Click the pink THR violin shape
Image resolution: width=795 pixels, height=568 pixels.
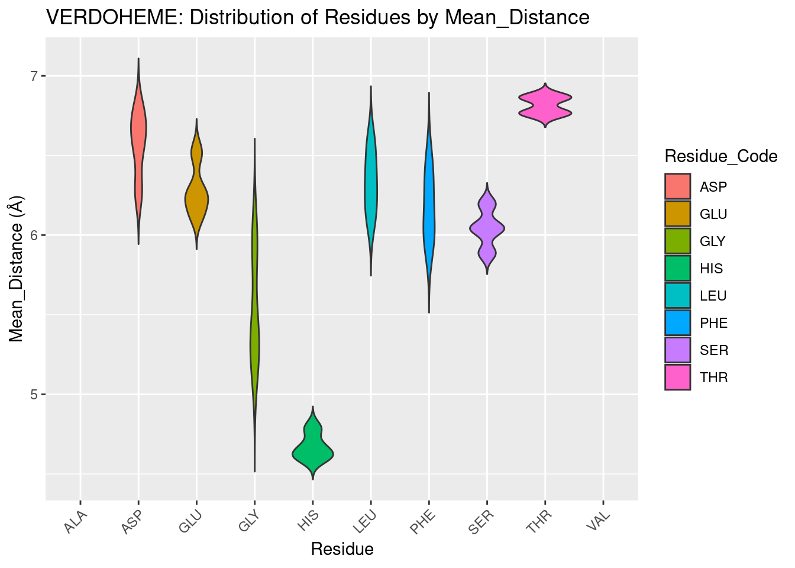[545, 105]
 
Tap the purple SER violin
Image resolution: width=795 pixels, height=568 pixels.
[487, 228]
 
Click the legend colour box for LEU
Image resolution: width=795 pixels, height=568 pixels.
[677, 296]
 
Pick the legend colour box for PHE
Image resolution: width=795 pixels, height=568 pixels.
[677, 323]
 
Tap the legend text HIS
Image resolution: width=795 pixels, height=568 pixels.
[711, 269]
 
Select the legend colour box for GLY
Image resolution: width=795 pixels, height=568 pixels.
[677, 241]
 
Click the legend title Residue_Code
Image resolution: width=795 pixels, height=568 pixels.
[720, 156]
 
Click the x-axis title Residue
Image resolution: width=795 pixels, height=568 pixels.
[342, 550]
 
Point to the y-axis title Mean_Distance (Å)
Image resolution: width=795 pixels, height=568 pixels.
[17, 269]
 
